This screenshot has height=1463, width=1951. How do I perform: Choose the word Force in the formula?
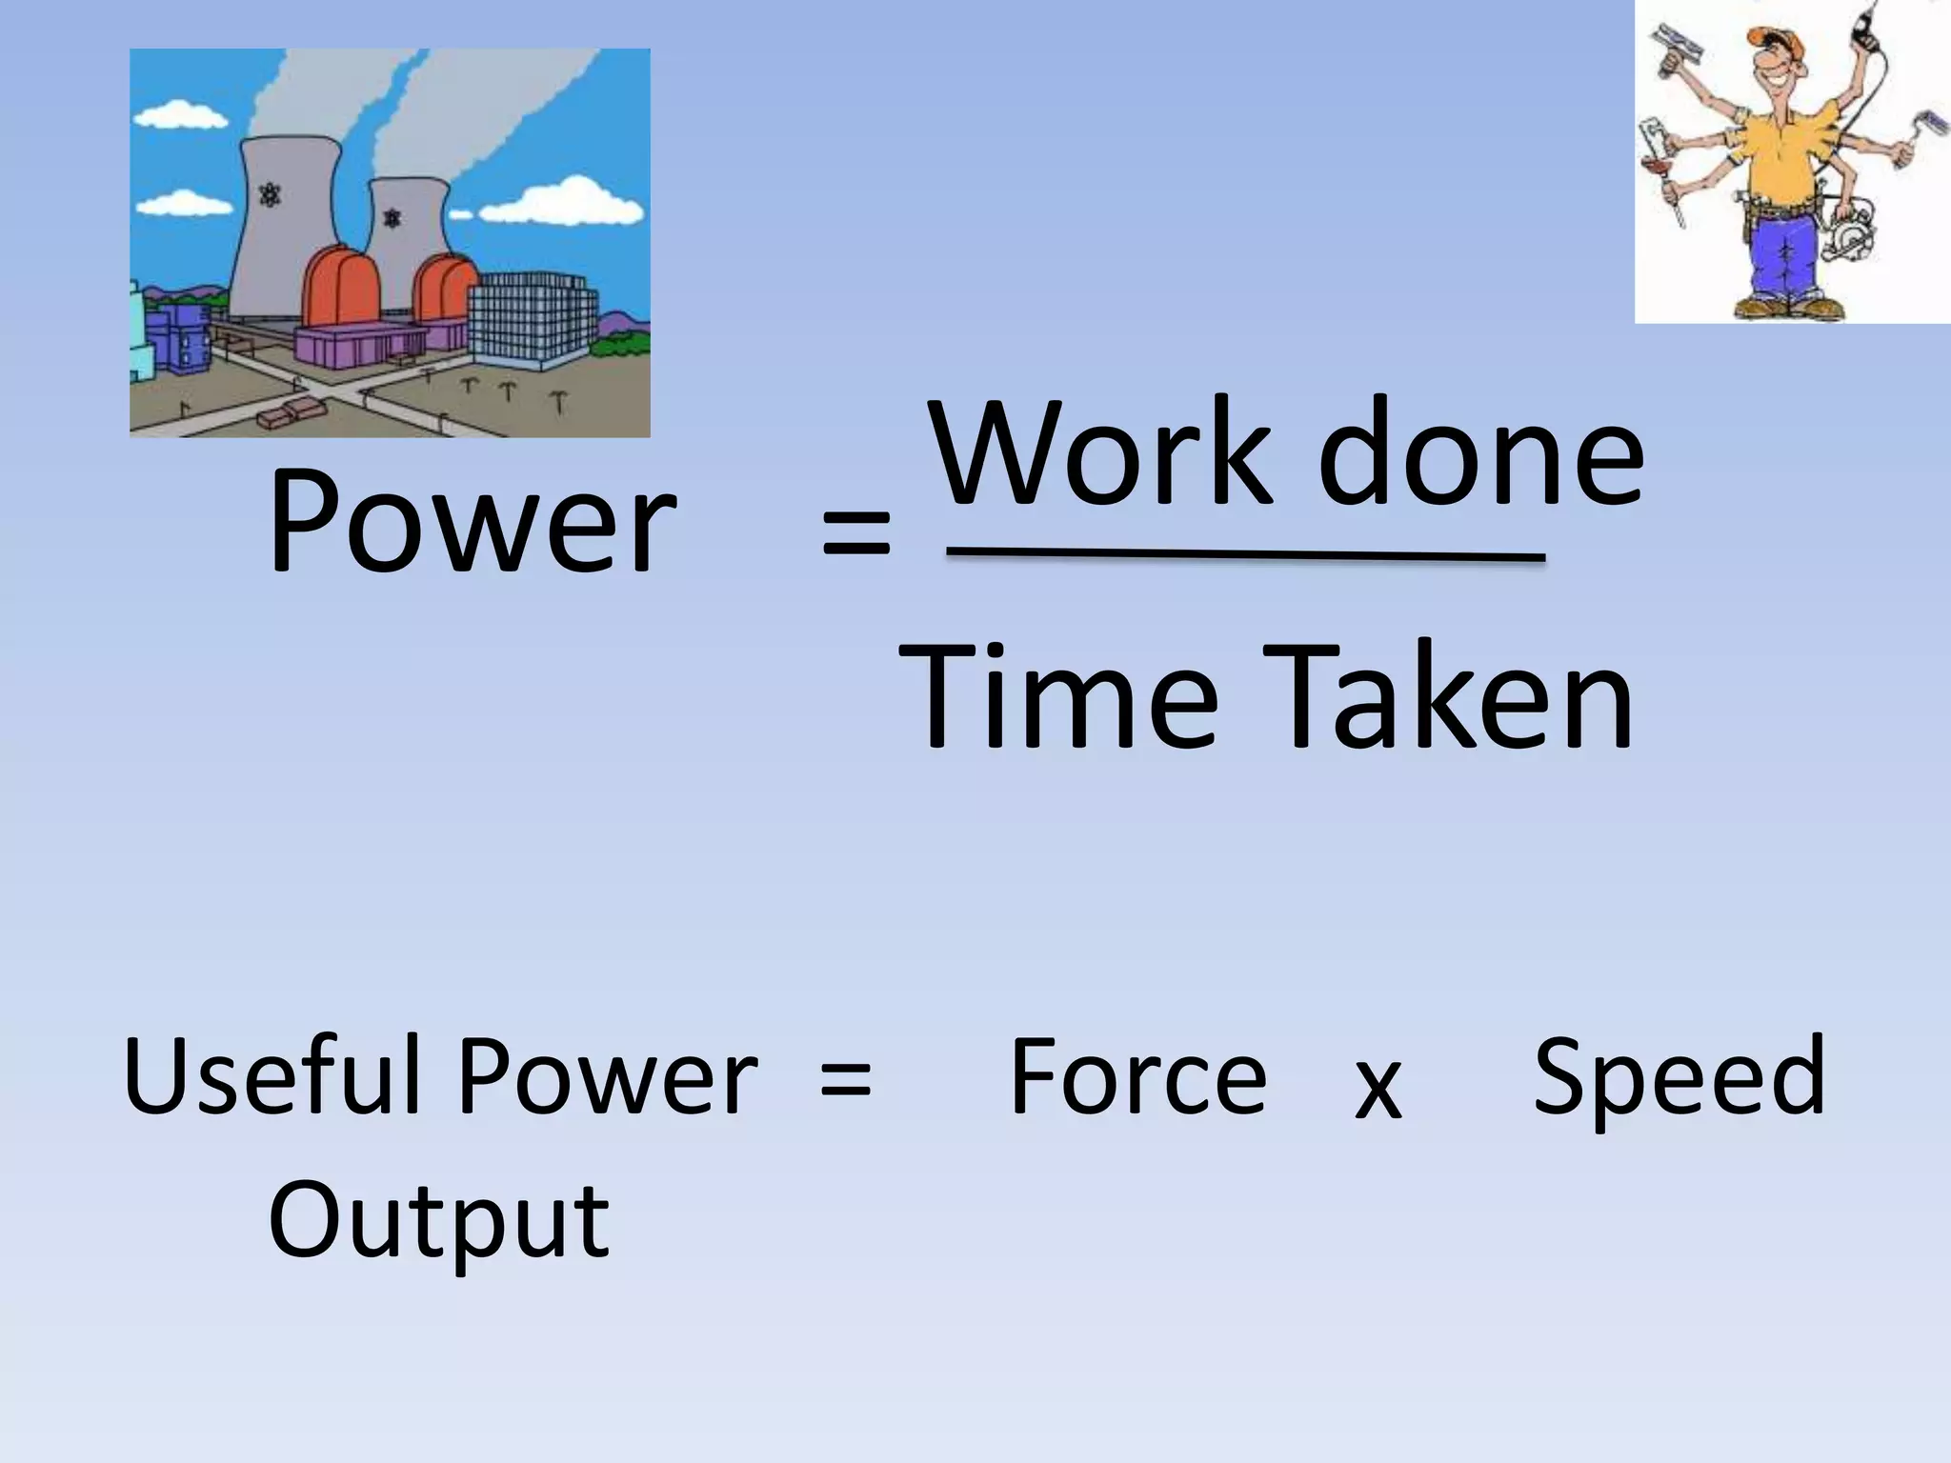[1137, 1077]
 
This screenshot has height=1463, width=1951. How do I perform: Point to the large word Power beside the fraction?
[471, 524]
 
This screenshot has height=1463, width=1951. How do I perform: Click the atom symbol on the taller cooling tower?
[272, 196]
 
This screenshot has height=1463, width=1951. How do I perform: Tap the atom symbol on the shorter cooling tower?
[392, 219]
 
